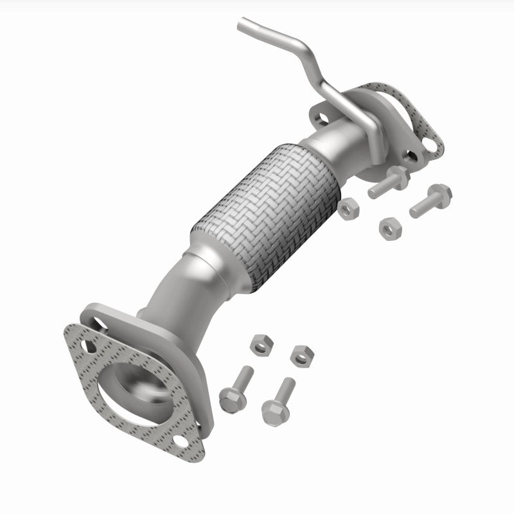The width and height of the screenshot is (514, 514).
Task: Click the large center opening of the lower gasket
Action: tap(139, 389)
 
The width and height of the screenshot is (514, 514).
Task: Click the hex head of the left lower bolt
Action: tap(229, 400)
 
